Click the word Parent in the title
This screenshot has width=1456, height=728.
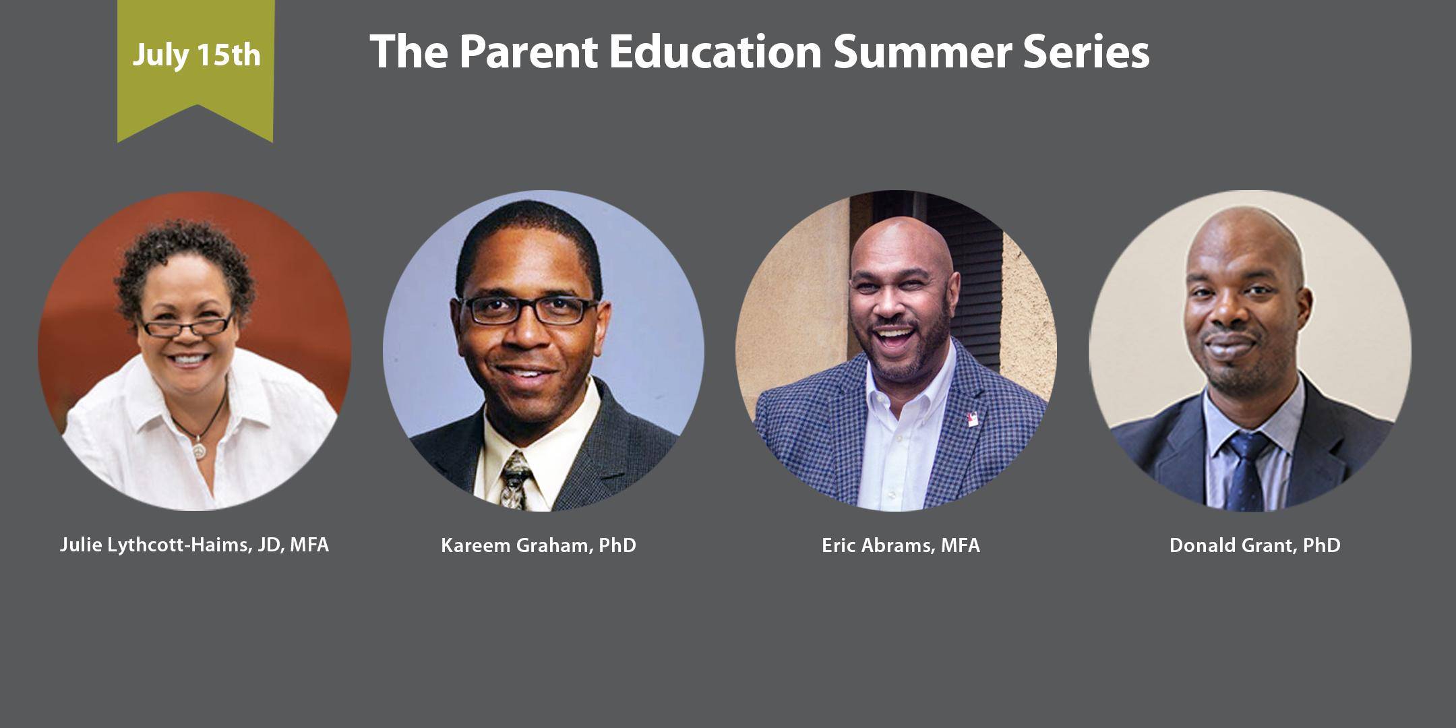529,52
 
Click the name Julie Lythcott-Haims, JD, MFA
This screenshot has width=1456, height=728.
194,545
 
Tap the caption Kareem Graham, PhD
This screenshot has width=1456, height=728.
539,545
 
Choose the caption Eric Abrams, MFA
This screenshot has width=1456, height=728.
901,545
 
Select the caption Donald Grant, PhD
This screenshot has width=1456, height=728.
1255,545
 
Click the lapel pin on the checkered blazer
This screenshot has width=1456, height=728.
972,419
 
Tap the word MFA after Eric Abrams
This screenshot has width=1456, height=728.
961,545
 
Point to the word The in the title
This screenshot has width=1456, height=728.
408,52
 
